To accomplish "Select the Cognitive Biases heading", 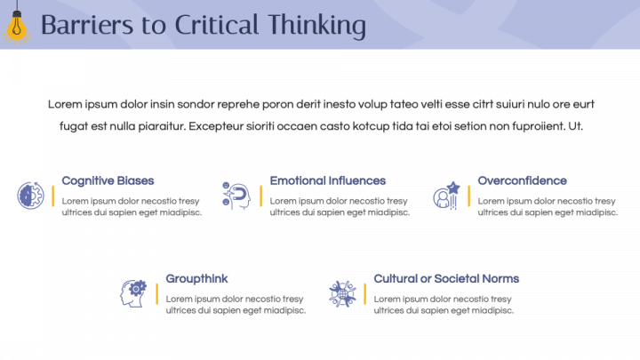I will click(108, 180).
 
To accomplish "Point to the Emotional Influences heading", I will click(328, 180).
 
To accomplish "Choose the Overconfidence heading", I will click(522, 180).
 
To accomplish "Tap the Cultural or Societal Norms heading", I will click(446, 278).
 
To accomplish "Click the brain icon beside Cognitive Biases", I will click(30, 196).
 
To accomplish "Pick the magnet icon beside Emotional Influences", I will click(236, 196).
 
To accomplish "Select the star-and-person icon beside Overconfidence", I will click(445, 196).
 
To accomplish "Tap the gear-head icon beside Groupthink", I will click(134, 292).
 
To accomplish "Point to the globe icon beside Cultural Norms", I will click(342, 292).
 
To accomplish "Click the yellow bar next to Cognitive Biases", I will click(53, 196).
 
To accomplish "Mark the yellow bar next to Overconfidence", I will click(468, 196).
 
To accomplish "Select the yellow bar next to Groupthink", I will click(157, 293).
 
